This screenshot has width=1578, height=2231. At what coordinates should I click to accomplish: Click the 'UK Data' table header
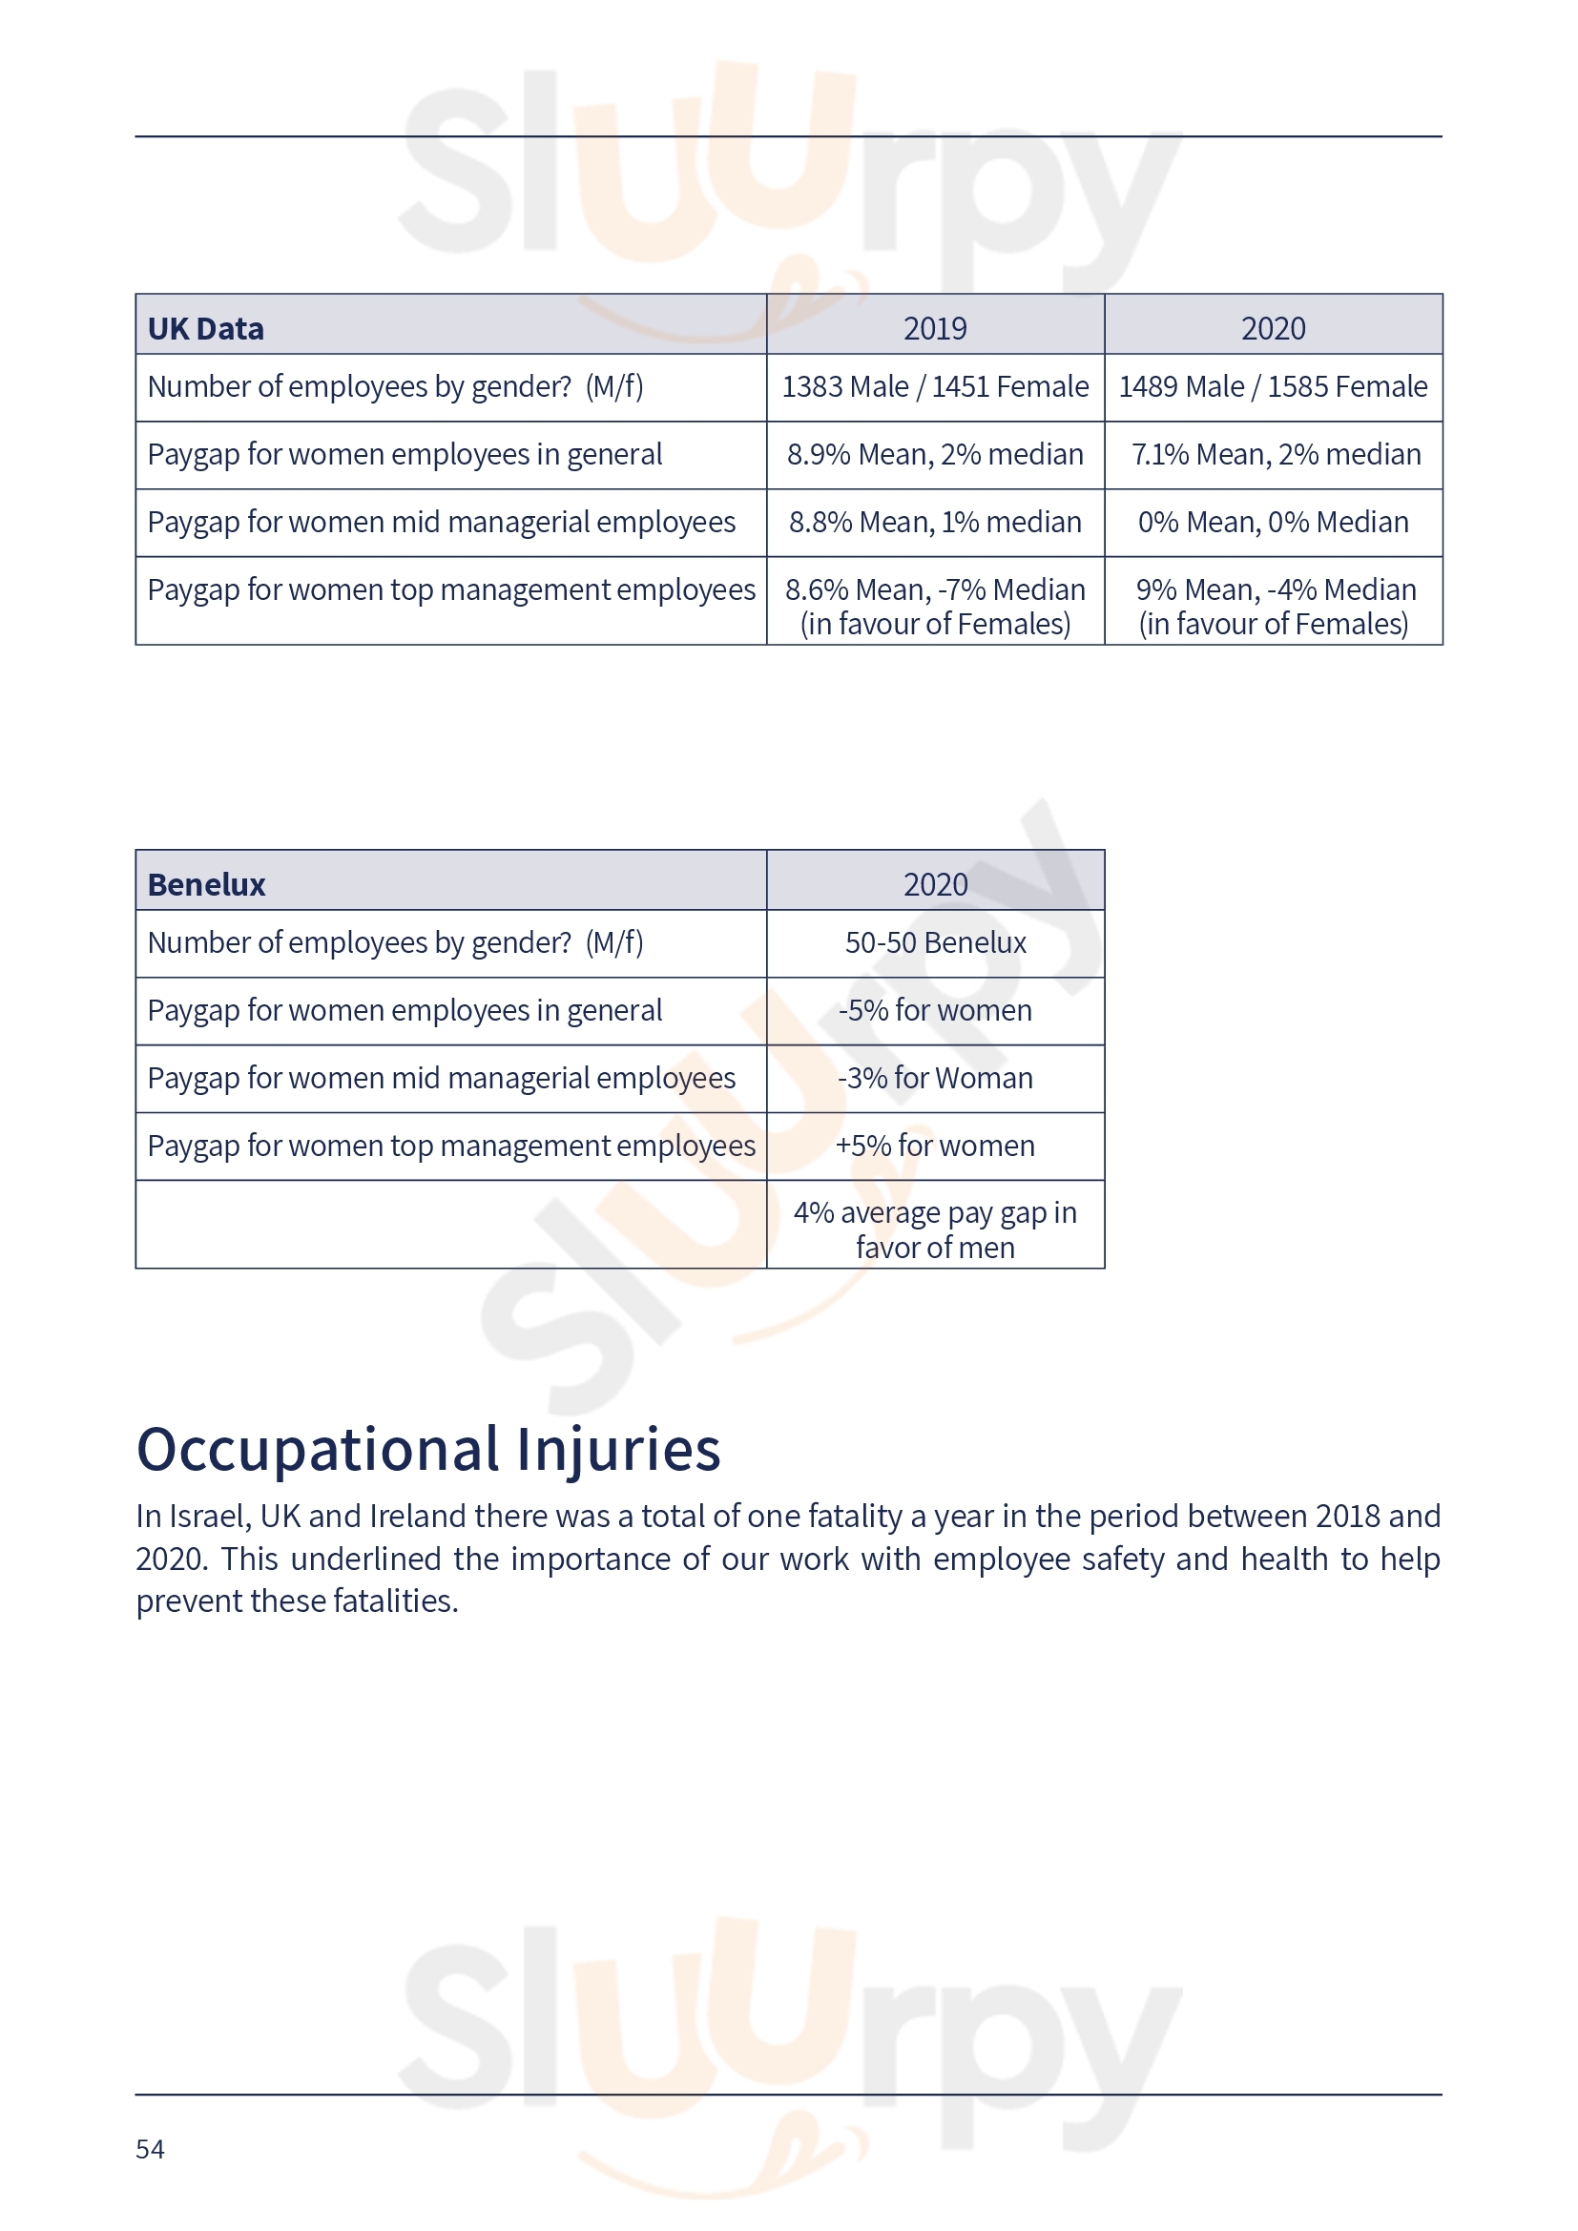pos(205,328)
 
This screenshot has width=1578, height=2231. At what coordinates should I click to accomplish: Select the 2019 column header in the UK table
pos(935,328)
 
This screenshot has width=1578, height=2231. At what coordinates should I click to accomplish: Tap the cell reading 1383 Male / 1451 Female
pos(935,386)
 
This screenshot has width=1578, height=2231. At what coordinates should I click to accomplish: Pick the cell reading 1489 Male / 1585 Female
pos(1273,386)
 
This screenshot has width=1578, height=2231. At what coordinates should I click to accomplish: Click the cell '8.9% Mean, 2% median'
pos(935,455)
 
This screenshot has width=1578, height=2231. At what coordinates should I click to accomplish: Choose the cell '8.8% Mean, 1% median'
pos(935,523)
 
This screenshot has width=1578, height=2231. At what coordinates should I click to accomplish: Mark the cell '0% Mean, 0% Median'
pos(1273,523)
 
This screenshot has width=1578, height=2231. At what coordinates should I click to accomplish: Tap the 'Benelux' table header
pos(206,884)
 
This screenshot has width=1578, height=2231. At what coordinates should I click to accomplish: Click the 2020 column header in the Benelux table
pos(935,884)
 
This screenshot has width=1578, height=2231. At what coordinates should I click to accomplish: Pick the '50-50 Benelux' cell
pos(935,942)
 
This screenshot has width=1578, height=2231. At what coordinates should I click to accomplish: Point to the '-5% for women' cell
pos(935,1010)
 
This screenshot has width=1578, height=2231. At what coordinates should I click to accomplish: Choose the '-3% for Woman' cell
pos(935,1079)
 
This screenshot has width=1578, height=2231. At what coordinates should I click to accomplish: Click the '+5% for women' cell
pos(935,1146)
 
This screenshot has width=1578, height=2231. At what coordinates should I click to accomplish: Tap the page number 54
pos(150,2148)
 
